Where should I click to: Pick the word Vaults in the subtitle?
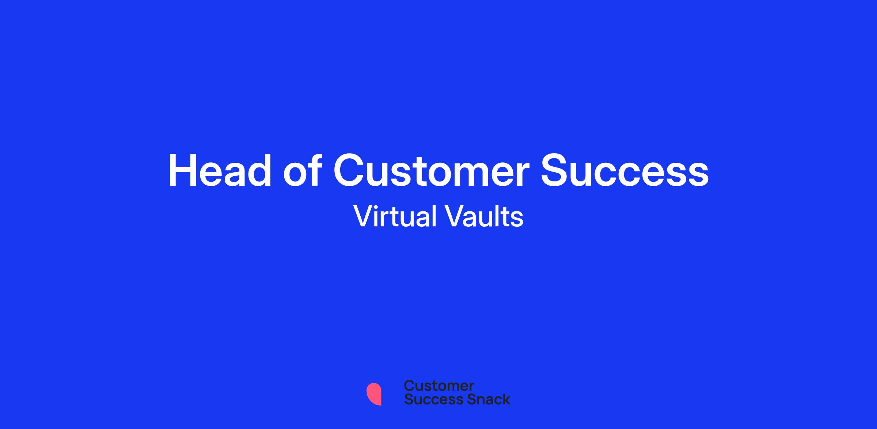tap(484, 216)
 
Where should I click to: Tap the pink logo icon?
tap(374, 394)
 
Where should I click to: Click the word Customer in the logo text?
tap(439, 386)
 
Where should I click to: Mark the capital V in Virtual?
tap(364, 216)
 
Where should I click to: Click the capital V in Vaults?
tap(455, 216)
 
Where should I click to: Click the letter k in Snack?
tap(505, 399)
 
